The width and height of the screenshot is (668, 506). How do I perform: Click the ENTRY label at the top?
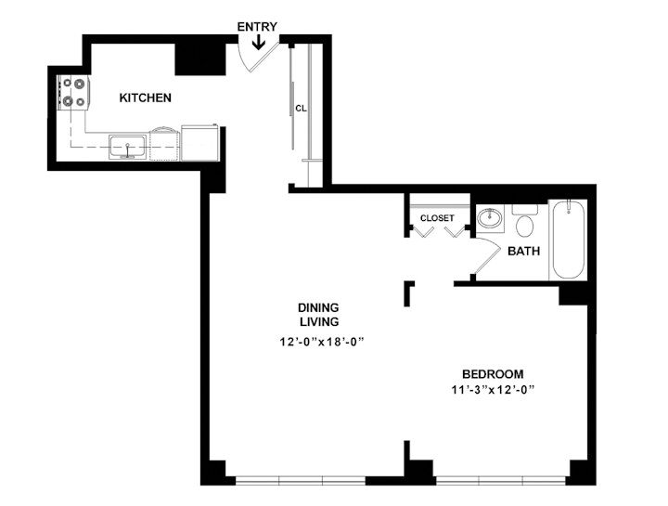256,26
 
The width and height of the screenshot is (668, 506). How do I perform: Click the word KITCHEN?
145,97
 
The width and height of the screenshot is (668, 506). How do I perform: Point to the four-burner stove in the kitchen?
71,94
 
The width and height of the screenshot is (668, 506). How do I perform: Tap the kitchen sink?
127,146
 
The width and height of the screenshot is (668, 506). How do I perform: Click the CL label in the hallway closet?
301,108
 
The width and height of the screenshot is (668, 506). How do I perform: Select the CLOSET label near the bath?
437,218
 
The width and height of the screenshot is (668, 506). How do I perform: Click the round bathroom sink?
489,220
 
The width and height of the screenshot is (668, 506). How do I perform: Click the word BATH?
523,251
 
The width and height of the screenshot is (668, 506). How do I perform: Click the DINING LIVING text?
317,314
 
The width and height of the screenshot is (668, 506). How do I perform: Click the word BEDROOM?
492,374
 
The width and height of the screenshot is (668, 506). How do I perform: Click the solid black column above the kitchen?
199,58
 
